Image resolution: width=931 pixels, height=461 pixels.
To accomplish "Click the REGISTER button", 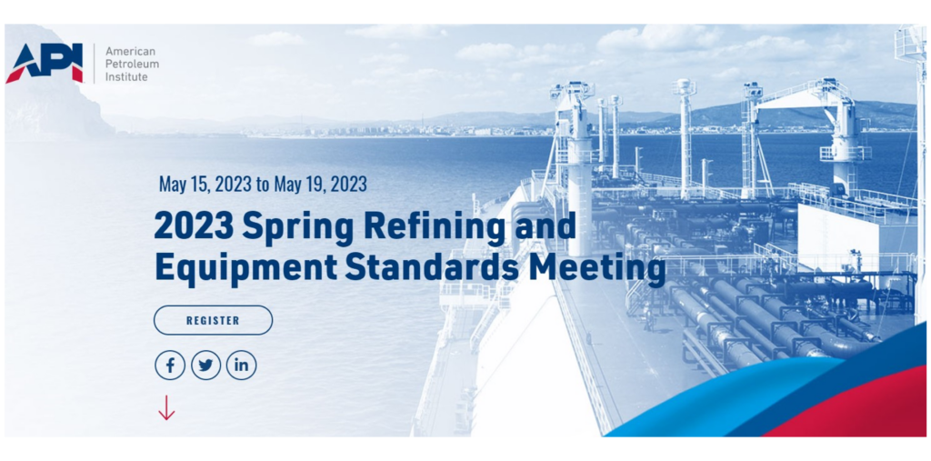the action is [213, 320].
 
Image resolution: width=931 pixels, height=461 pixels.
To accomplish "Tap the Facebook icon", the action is [170, 366].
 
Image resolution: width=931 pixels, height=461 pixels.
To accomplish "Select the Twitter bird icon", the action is [205, 366].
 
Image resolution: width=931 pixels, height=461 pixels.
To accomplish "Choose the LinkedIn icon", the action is [241, 366].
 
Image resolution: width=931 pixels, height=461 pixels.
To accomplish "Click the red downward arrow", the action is [166, 407].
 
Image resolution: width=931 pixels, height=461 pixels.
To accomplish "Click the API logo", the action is [45, 64].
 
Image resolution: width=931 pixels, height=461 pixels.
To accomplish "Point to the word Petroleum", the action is [132, 65].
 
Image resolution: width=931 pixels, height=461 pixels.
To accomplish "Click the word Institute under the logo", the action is [126, 76].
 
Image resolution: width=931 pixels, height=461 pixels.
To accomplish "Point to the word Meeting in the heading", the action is [596, 268].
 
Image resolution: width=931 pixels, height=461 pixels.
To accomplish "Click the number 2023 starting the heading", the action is [195, 225].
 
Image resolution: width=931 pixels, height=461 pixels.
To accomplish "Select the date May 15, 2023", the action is [205, 185].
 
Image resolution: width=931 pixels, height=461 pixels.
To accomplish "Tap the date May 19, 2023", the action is [321, 185].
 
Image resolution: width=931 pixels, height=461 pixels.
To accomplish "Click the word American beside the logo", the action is [130, 52].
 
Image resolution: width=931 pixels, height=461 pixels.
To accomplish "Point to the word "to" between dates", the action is [263, 185].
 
